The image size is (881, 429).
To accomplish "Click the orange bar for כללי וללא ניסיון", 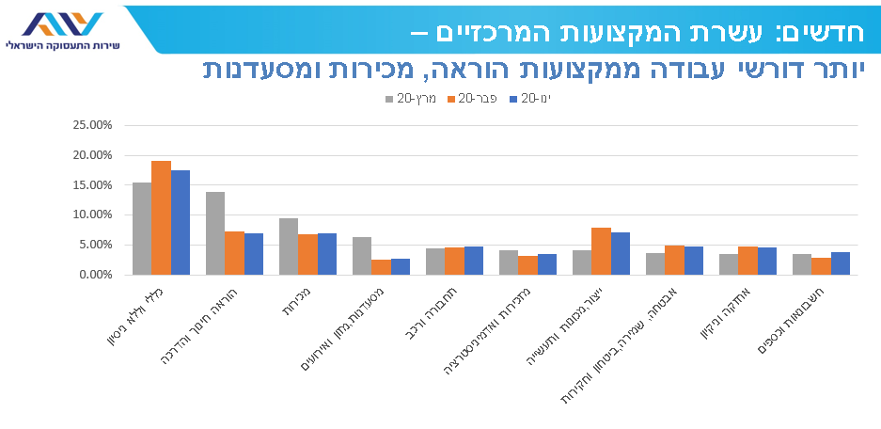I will pos(161,217).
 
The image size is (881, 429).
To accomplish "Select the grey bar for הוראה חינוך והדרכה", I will pos(215,232).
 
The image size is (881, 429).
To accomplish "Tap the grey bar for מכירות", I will pos(289,246).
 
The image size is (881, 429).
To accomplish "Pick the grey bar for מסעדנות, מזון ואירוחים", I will pos(362,255).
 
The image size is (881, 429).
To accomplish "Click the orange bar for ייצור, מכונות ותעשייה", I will pos(601,250).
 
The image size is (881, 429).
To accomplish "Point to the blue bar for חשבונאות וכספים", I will pos(841,262).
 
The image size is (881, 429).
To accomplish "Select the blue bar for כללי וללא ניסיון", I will pos(181,222).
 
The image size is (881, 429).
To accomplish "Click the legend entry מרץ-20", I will pos(411,99).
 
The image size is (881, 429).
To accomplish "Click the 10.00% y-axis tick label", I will pos(92,214).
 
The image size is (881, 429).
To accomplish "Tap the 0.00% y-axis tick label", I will pos(95,275).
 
